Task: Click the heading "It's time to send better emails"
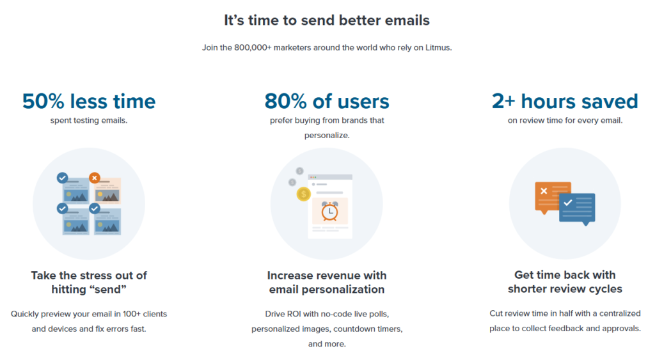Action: (327, 20)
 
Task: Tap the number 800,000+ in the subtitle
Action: (253, 47)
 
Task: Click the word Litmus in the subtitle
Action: (439, 47)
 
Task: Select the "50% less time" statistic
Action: (89, 101)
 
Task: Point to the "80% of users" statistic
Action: (327, 101)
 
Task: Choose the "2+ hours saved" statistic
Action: (565, 101)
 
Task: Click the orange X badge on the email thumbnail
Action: (95, 178)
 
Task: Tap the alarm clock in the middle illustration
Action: (329, 211)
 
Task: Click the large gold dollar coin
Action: (304, 194)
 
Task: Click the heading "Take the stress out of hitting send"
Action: (89, 283)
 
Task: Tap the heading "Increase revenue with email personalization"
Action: (327, 283)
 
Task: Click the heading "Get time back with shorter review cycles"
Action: (565, 282)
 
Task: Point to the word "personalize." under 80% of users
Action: (327, 136)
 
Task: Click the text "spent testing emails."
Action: (89, 120)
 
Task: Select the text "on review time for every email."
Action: (565, 120)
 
